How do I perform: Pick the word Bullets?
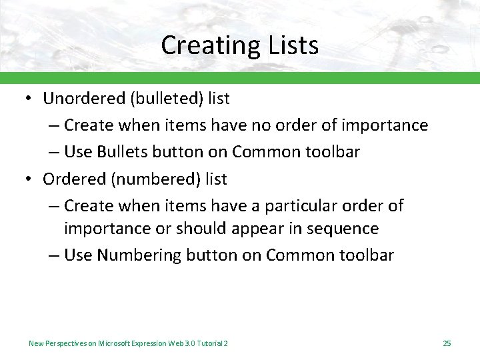123,152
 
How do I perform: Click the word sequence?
341,229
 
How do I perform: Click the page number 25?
447,343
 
